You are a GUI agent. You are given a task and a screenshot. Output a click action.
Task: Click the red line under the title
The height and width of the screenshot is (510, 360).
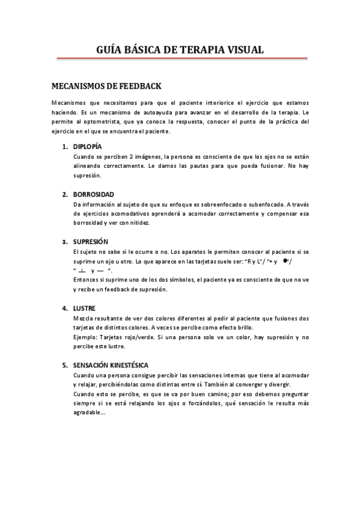click(182, 59)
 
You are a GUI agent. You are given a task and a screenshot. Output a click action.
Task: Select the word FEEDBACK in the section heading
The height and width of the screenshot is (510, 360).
click(138, 86)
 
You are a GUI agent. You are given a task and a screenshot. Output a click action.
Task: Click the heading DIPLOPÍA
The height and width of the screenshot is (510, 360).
click(88, 146)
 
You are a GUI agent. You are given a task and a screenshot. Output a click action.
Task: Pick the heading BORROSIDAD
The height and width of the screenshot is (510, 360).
click(94, 194)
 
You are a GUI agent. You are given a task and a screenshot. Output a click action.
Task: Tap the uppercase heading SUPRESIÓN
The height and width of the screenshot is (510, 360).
click(90, 242)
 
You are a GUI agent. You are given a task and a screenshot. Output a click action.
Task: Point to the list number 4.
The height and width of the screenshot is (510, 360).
click(64, 308)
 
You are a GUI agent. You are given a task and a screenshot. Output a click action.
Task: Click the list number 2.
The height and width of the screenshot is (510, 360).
click(64, 194)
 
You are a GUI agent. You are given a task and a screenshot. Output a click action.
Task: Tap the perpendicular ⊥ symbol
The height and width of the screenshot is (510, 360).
click(81, 271)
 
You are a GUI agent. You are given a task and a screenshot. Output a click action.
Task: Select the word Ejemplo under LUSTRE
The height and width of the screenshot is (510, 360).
click(85, 337)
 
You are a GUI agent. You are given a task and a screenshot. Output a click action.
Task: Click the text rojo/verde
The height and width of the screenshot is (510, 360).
click(137, 337)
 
